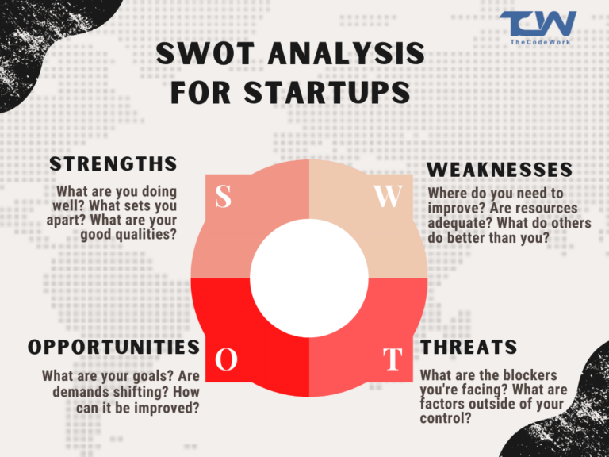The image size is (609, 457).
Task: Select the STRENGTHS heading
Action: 113,163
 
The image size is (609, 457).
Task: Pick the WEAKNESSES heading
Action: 500,170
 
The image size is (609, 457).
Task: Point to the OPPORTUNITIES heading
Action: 113,347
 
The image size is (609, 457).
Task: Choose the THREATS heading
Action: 469,347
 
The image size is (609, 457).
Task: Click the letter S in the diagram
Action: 224,197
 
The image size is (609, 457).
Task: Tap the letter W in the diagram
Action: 389,197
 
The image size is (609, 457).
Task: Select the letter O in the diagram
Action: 227,359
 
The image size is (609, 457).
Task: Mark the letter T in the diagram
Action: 392,359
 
